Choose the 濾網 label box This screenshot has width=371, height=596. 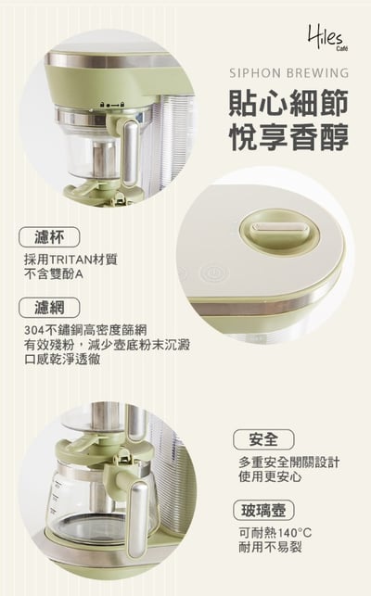48,307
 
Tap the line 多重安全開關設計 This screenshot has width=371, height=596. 288,463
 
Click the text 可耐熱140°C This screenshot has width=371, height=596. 274,534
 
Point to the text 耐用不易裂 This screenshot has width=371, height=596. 269,549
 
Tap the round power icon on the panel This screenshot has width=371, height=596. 212,274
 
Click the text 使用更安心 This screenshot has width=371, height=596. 270,477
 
